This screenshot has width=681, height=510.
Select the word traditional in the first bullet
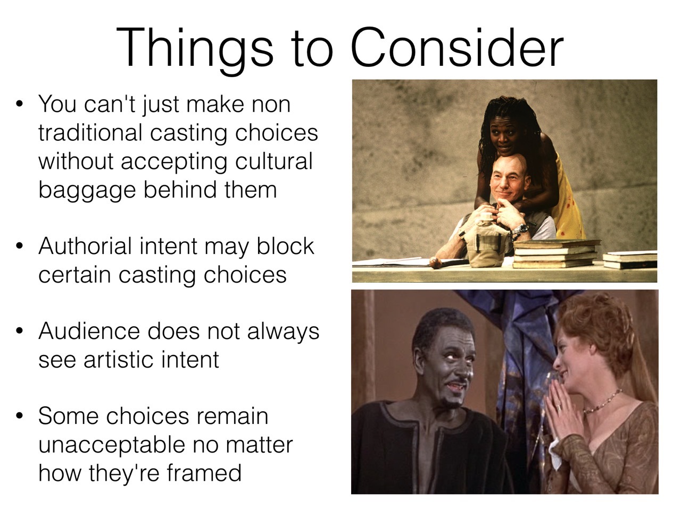pos(90,132)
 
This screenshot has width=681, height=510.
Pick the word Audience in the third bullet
pos(89,331)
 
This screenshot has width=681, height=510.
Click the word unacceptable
pos(111,446)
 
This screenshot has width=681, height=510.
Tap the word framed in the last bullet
pos(204,473)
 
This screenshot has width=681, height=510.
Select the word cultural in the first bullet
pos(273,161)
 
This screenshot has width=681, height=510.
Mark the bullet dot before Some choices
pos(20,415)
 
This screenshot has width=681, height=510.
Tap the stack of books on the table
pos(555,253)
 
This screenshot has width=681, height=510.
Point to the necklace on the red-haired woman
pos(602,402)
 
